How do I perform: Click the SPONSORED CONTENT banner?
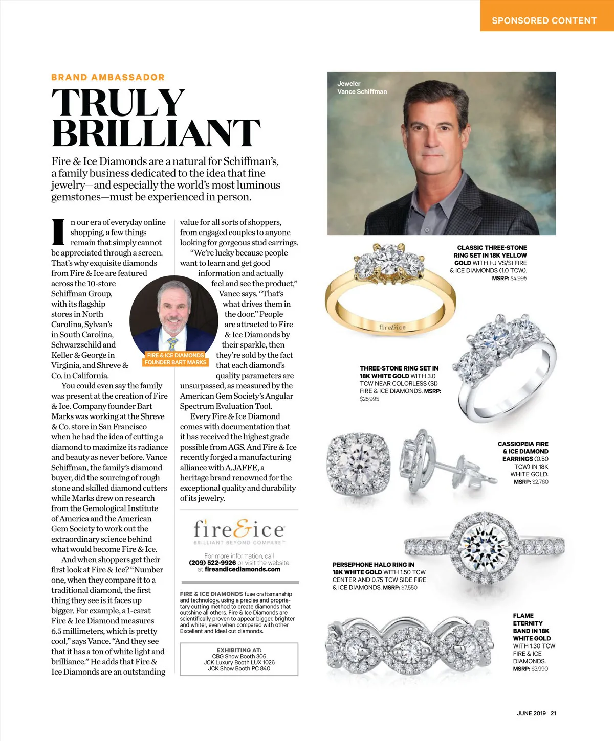(x=544, y=20)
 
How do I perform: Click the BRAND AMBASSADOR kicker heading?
(x=108, y=77)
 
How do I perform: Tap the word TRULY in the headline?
(x=118, y=103)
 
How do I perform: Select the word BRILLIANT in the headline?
(x=156, y=133)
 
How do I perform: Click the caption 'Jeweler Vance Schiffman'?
(x=362, y=87)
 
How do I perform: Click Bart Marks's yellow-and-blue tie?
(x=173, y=343)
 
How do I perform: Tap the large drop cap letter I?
(x=59, y=233)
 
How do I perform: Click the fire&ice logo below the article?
(x=239, y=530)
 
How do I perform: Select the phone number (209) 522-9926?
(x=212, y=563)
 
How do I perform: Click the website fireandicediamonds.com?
(x=243, y=569)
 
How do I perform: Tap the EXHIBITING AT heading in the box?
(x=239, y=650)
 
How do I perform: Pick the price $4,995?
(x=518, y=278)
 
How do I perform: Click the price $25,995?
(x=369, y=399)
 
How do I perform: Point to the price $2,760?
(x=540, y=482)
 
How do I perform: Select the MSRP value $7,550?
(x=409, y=587)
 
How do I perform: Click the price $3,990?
(x=539, y=668)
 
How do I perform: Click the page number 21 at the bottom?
(x=553, y=713)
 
